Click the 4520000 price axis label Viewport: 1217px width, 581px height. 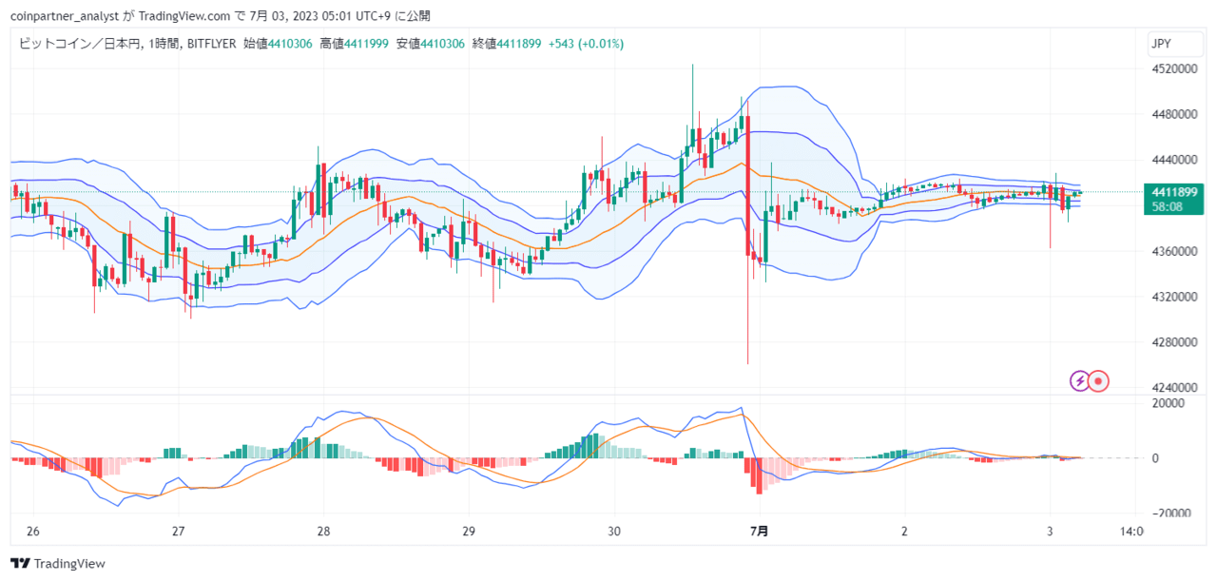[x=1174, y=69]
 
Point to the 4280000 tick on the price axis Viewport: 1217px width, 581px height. [x=1174, y=342]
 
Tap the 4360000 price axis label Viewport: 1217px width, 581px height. [x=1174, y=251]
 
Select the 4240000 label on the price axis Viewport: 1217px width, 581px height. [x=1174, y=388]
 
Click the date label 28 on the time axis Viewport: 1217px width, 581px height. [x=323, y=531]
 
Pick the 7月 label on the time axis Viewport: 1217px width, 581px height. [x=759, y=531]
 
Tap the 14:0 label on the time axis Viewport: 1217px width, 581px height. [x=1131, y=531]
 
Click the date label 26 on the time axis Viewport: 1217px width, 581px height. [x=32, y=531]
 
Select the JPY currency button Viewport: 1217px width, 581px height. [x=1175, y=44]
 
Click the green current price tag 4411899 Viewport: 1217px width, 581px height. [x=1173, y=199]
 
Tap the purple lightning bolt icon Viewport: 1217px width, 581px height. [x=1079, y=381]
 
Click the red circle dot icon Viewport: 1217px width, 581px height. [x=1098, y=381]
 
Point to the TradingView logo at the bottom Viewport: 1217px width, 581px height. [x=58, y=564]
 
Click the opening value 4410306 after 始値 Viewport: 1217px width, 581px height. [x=290, y=44]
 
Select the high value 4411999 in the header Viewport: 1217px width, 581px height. [x=366, y=44]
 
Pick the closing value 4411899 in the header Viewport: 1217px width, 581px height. [x=518, y=44]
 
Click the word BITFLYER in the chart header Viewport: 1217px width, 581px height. [x=211, y=44]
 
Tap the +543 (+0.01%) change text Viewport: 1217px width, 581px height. [x=586, y=44]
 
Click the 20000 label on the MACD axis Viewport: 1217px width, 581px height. [x=1169, y=403]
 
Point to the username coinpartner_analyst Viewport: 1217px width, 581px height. [x=65, y=16]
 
